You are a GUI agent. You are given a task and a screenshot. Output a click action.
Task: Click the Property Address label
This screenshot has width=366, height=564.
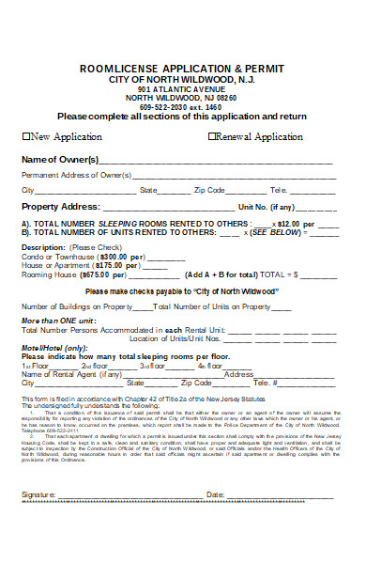click(60, 206)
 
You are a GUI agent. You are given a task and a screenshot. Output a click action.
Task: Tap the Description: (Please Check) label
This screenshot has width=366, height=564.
click(62, 247)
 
